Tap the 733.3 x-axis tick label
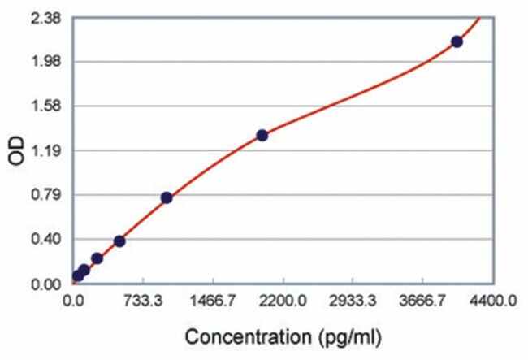tap(143, 301)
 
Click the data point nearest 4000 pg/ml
tap(457, 41)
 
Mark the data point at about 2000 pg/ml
tap(262, 135)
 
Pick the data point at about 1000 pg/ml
tap(167, 197)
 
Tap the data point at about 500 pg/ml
tap(119, 241)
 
